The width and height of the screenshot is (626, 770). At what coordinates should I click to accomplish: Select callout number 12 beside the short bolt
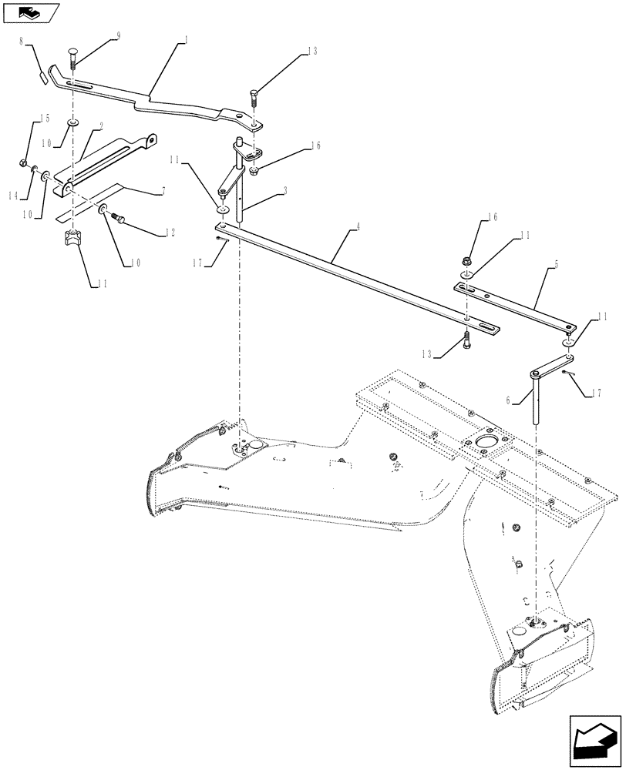[170, 232]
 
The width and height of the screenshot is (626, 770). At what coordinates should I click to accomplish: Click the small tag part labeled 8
[44, 75]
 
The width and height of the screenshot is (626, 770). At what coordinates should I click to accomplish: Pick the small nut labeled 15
[24, 163]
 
